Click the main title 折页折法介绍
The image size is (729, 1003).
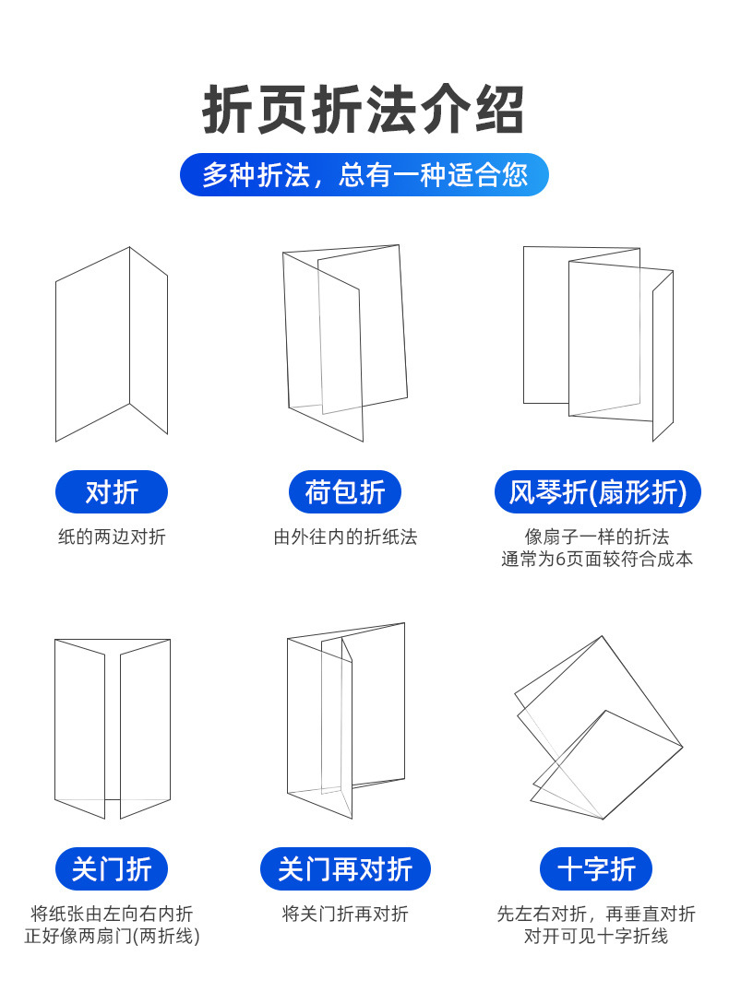coord(364,112)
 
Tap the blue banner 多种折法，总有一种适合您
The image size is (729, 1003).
coord(364,175)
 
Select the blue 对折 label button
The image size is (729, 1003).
coord(112,492)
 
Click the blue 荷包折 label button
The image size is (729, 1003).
coord(345,492)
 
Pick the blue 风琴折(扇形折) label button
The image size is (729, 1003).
coord(597,492)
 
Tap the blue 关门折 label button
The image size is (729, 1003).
coord(112,868)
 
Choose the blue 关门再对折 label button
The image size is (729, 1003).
coord(345,868)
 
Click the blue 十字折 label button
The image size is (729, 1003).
coord(596,868)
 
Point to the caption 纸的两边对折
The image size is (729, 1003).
coord(112,537)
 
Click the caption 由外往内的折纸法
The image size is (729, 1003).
coord(345,537)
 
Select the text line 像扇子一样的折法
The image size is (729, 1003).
coord(597,537)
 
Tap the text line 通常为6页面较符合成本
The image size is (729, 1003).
coord(597,559)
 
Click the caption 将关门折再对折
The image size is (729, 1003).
coord(345,914)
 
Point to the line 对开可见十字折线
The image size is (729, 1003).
coord(596,936)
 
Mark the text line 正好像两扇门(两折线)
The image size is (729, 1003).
coord(112,936)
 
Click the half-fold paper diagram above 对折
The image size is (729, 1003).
coord(112,344)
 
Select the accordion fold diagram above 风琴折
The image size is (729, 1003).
coord(598,341)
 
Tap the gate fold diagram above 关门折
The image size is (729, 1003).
coord(112,728)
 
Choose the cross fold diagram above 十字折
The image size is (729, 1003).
coord(598,728)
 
